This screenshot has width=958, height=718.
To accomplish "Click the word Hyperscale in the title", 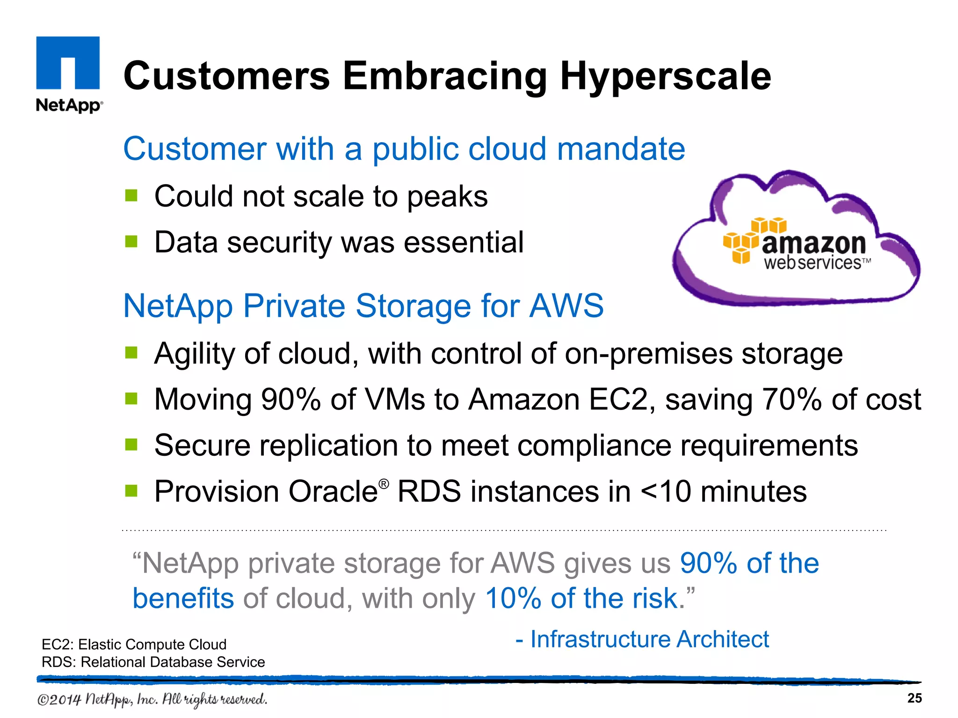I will click(x=665, y=77).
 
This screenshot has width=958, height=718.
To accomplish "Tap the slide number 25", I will click(x=914, y=698).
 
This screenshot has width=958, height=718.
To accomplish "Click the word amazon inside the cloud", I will click(x=814, y=244).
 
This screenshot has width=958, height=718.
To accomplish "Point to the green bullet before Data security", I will click(x=131, y=242).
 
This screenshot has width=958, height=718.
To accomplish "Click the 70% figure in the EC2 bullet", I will click(x=791, y=400).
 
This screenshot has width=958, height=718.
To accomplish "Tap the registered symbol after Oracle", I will click(x=384, y=484).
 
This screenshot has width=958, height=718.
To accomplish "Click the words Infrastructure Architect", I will click(x=649, y=639).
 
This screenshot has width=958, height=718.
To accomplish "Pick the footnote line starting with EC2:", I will click(x=134, y=644).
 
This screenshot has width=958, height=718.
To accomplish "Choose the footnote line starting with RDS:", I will click(x=153, y=662).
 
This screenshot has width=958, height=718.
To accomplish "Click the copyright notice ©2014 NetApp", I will click(x=152, y=699).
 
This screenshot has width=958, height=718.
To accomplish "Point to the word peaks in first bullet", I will click(x=447, y=197).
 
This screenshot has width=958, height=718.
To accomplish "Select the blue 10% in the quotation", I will click(x=513, y=598).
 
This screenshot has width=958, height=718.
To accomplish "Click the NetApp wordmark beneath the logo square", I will click(x=69, y=105).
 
